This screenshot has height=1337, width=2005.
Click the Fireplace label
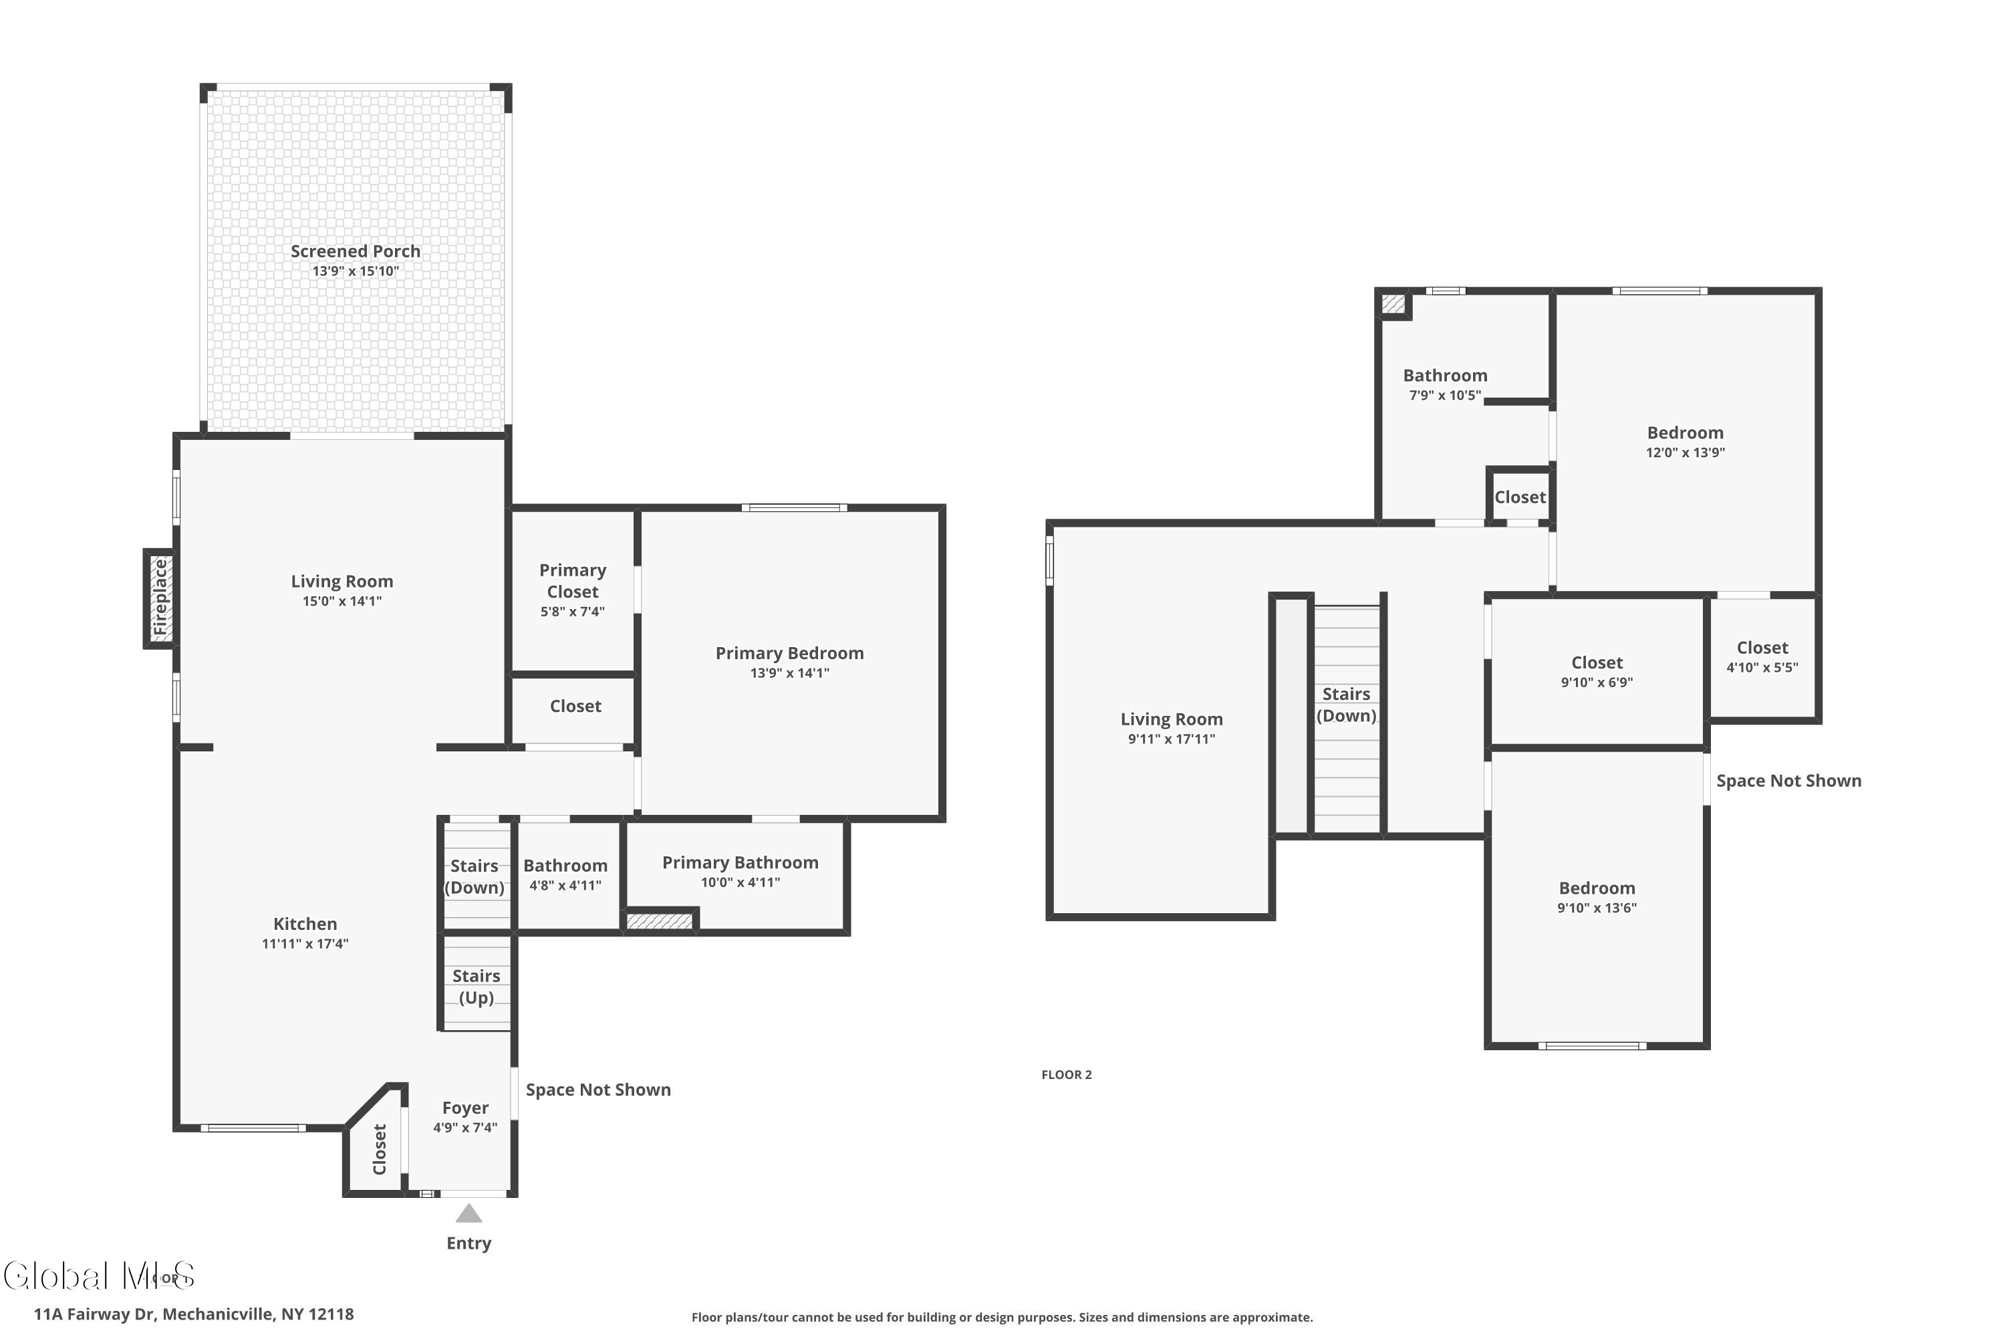pyautogui.click(x=160, y=598)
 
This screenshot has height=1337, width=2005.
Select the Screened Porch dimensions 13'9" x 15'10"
pyautogui.click(x=356, y=271)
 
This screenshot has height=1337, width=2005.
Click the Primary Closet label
pyautogui.click(x=572, y=581)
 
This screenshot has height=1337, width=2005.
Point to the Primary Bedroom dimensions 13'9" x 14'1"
pyautogui.click(x=789, y=673)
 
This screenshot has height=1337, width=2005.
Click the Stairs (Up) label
pyautogui.click(x=476, y=987)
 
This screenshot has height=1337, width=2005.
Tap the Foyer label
pyautogui.click(x=464, y=1108)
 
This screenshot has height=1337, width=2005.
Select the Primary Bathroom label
pyautogui.click(x=740, y=862)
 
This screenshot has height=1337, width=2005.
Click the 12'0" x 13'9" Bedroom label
pyautogui.click(x=1684, y=433)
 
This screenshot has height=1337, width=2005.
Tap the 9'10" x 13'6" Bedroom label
pyautogui.click(x=1596, y=888)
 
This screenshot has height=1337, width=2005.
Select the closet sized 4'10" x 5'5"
pyautogui.click(x=1761, y=648)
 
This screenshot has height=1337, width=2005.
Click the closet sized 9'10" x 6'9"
pyautogui.click(x=1596, y=662)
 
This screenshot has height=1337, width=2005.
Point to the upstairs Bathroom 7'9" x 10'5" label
pyautogui.click(x=1444, y=375)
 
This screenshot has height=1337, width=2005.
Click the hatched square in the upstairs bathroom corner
pyautogui.click(x=1392, y=303)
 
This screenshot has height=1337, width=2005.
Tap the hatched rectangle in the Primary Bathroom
pyautogui.click(x=659, y=921)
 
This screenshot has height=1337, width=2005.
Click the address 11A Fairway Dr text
pyautogui.click(x=194, y=1314)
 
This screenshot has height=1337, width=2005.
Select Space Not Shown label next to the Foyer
pyautogui.click(x=597, y=1090)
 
